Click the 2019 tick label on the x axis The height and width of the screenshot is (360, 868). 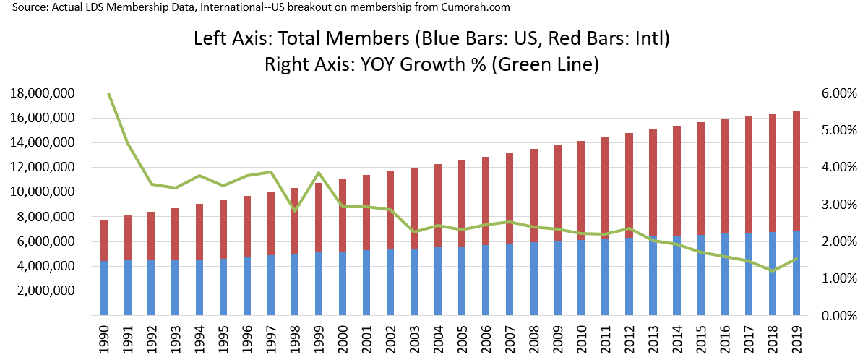[x=796, y=340]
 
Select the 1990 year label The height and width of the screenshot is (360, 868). [x=103, y=340]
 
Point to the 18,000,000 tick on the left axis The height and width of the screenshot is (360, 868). [x=43, y=93]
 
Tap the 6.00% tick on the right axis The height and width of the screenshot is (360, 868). [x=839, y=93]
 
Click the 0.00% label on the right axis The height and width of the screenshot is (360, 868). [x=839, y=316]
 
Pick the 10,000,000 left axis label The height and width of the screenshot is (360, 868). [x=43, y=192]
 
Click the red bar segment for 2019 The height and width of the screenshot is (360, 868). [x=796, y=171]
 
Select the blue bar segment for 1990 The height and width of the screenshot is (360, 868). [x=103, y=288]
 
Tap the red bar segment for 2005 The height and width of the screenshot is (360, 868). [x=462, y=203]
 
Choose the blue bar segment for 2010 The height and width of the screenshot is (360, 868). [x=581, y=278]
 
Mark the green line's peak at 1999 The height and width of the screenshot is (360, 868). [x=319, y=173]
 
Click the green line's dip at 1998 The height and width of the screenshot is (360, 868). [x=295, y=211]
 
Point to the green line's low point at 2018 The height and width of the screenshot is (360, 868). [x=773, y=271]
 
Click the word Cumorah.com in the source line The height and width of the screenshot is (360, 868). [x=475, y=7]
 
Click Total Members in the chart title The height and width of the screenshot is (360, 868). [x=344, y=38]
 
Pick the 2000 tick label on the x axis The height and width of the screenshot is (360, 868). [x=343, y=340]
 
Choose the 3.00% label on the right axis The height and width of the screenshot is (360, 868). [x=839, y=205]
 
